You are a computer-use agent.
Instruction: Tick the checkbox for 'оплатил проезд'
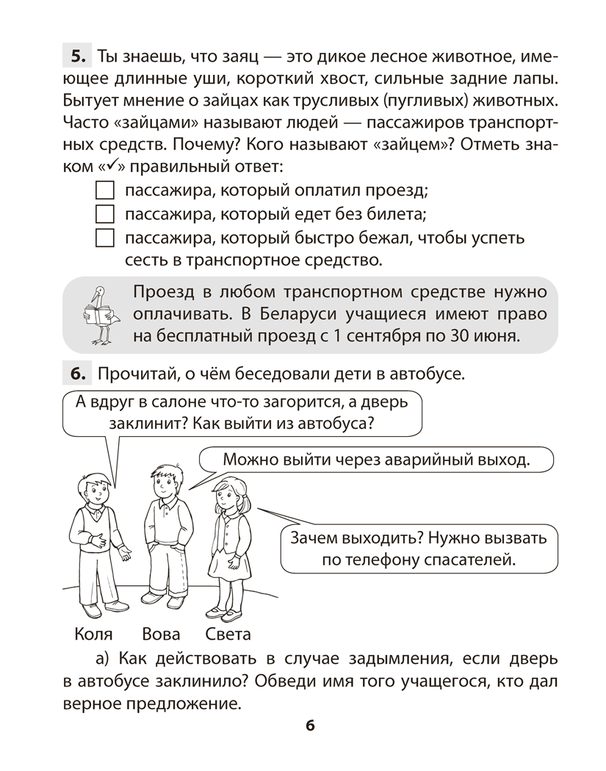pos(106,191)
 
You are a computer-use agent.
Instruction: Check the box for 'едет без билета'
pos(106,215)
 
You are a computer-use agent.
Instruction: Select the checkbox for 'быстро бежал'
pos(106,239)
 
